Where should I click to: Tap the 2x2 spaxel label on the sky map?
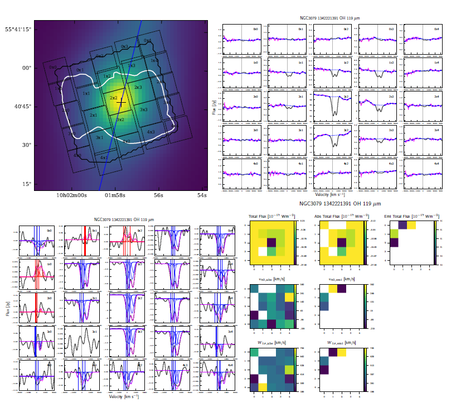point(113,98)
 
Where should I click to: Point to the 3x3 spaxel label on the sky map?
point(143,110)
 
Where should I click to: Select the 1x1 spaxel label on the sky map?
point(86,94)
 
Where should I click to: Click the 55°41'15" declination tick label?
point(18,29)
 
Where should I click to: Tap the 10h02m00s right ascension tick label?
point(72,195)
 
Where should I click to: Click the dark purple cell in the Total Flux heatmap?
point(272,242)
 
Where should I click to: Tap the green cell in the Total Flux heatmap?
point(272,252)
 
